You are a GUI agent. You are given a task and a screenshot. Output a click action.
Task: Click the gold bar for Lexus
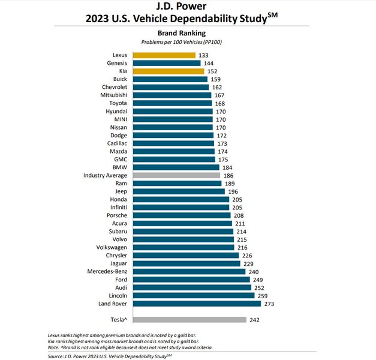(164, 55)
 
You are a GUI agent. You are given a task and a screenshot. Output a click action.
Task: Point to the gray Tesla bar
(189, 320)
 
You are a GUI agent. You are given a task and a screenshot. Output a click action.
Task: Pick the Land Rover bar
(197, 304)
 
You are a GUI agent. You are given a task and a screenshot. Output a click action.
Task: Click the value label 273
(270, 304)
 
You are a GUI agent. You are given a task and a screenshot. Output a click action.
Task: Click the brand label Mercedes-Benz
(107, 271)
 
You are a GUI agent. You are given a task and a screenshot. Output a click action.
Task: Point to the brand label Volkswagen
(111, 247)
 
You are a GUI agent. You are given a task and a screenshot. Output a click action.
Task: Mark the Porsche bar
(182, 215)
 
